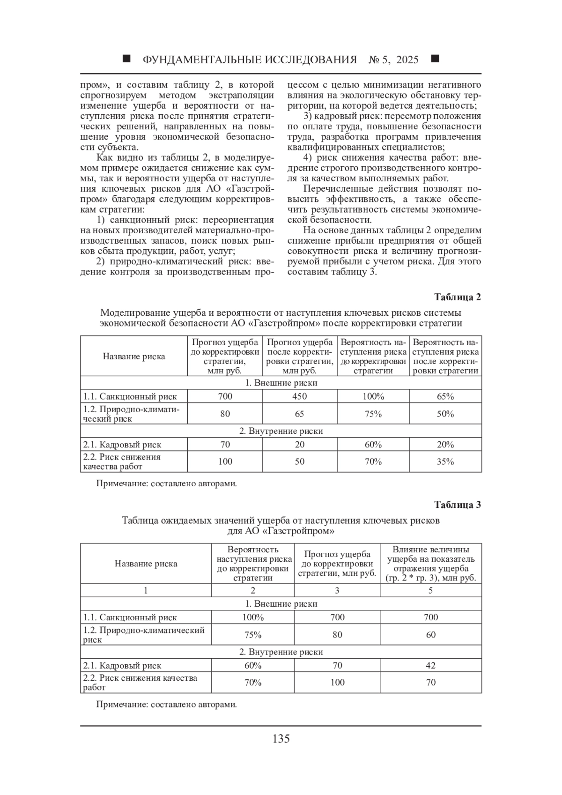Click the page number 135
[x=281, y=739]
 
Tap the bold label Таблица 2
[x=457, y=297]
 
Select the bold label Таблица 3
[x=457, y=505]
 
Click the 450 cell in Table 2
[x=300, y=396]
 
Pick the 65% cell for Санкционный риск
[x=445, y=396]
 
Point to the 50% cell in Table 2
[x=445, y=414]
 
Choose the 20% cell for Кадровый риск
[x=445, y=445]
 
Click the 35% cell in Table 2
[x=445, y=461]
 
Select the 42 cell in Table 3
[x=431, y=665]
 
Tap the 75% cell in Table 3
[x=253, y=635]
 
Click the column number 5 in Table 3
[x=431, y=590]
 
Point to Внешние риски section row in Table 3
[x=281, y=604]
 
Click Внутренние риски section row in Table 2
[x=281, y=431]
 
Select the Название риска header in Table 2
[x=134, y=357]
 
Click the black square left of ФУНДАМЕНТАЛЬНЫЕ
[x=126, y=59]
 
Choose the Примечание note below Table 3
[x=166, y=704]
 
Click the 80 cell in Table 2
[x=225, y=414]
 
